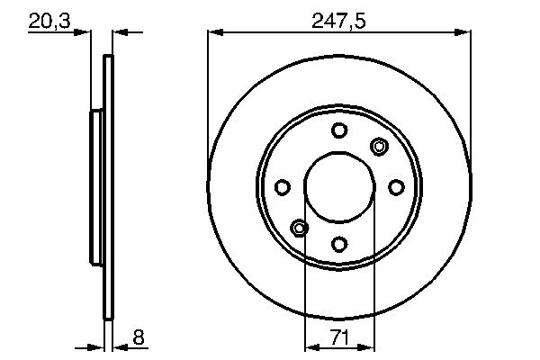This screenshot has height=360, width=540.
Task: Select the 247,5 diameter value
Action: [x=339, y=20]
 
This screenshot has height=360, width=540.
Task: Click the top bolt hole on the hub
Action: [x=339, y=130]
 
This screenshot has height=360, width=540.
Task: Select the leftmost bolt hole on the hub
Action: [x=282, y=187]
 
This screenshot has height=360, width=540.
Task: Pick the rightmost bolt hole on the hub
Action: [x=397, y=186]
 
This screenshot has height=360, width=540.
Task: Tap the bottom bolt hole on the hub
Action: [x=339, y=244]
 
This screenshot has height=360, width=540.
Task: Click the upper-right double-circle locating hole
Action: [x=379, y=147]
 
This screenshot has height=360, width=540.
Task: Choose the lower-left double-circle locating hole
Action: [x=300, y=228]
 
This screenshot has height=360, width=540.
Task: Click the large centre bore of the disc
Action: [x=339, y=187]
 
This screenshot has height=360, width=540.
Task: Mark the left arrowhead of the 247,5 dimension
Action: [x=214, y=32]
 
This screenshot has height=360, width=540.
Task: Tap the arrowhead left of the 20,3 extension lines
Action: [x=85, y=32]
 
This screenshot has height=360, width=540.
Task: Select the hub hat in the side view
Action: [x=97, y=187]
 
